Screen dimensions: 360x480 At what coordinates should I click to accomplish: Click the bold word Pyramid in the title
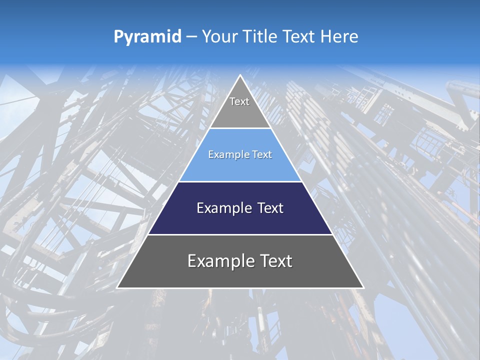[x=147, y=37]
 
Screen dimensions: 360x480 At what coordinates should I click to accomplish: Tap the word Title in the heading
[x=261, y=36]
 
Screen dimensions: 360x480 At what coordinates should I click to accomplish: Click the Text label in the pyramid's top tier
[x=239, y=101]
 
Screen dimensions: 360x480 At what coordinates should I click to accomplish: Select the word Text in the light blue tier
[x=262, y=155]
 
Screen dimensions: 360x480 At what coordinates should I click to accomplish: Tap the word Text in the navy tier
[x=270, y=208]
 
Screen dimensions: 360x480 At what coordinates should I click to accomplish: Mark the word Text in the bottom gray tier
[x=276, y=261]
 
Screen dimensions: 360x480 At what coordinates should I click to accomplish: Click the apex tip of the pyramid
[x=240, y=76]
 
